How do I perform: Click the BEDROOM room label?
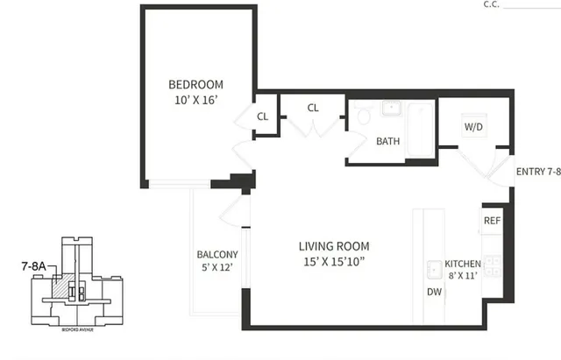click(x=195, y=84)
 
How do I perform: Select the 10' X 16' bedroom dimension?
click(x=195, y=100)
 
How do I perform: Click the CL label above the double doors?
click(x=313, y=108)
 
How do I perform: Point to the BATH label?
click(x=388, y=141)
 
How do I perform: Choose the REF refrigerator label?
click(x=492, y=221)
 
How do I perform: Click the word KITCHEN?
click(x=462, y=264)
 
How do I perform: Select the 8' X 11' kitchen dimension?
click(x=462, y=277)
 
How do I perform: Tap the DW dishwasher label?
click(x=434, y=293)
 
